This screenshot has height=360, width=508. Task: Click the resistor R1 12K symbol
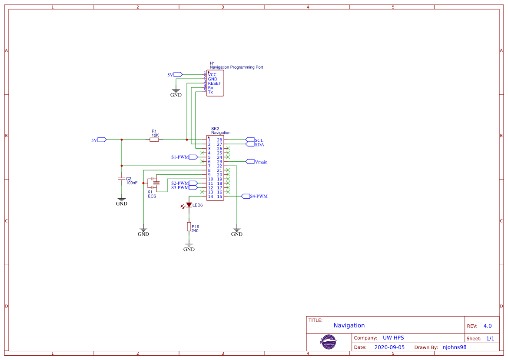[x=154, y=140]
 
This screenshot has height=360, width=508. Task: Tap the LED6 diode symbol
[x=189, y=205]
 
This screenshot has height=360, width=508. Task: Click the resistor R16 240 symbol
[x=189, y=227]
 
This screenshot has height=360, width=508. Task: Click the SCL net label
[x=259, y=140]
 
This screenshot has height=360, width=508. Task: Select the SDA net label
[x=259, y=144]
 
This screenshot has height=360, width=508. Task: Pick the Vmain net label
[x=261, y=162]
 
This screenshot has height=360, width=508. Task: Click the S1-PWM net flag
[x=180, y=157]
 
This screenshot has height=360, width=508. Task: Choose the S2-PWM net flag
[x=180, y=183]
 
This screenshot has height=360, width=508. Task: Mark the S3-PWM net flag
[x=180, y=187]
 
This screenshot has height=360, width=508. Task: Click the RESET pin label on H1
[x=214, y=83]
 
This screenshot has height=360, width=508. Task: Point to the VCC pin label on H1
[x=212, y=75]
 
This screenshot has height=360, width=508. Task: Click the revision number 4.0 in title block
[x=487, y=326]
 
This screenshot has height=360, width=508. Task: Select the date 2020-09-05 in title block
[x=389, y=347]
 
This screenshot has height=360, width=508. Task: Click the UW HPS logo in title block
[x=329, y=342]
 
